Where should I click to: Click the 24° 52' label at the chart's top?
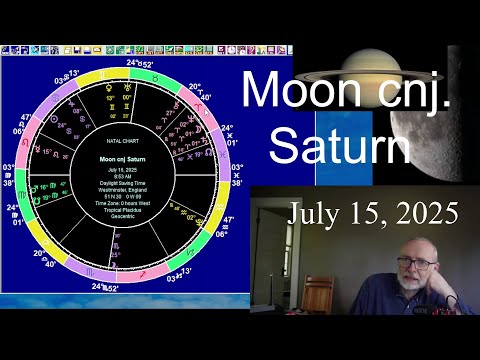tap(140, 63)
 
